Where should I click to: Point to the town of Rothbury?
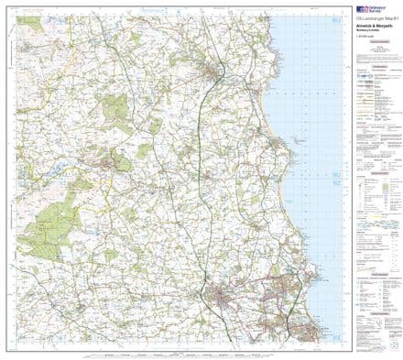119,163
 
